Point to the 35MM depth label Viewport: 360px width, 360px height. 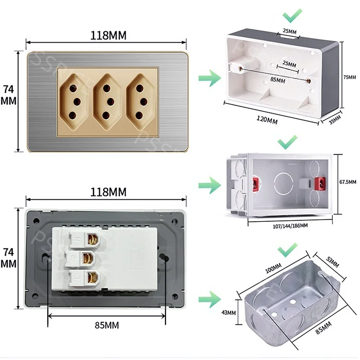tap(335, 120)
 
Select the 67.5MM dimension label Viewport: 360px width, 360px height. tap(347, 182)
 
